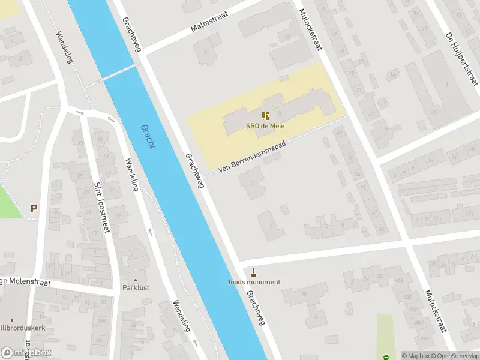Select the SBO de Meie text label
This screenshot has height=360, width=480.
click(265, 126)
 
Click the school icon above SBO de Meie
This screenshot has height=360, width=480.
click(265, 116)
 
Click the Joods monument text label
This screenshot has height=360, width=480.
click(253, 282)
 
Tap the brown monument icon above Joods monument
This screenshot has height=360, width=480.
click(253, 272)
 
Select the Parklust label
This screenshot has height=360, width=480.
click(136, 288)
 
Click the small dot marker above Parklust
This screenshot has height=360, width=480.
click(136, 280)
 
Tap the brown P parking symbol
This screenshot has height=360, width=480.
click(34, 209)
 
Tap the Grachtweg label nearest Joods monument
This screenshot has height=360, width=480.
click(255, 308)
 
